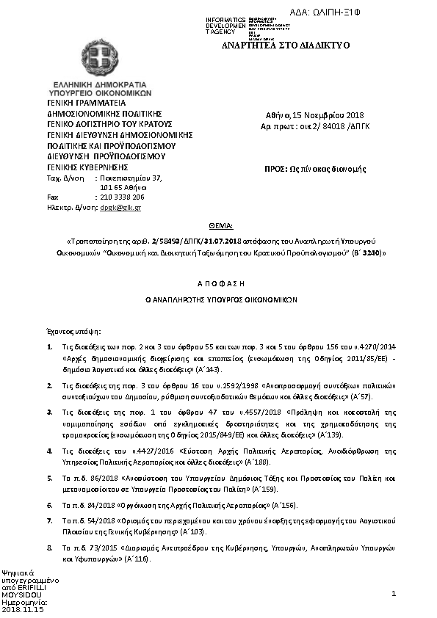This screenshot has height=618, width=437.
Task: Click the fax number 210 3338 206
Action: click(122, 197)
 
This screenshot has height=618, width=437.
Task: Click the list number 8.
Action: click(49, 548)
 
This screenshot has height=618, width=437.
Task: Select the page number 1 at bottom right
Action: click(394, 592)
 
